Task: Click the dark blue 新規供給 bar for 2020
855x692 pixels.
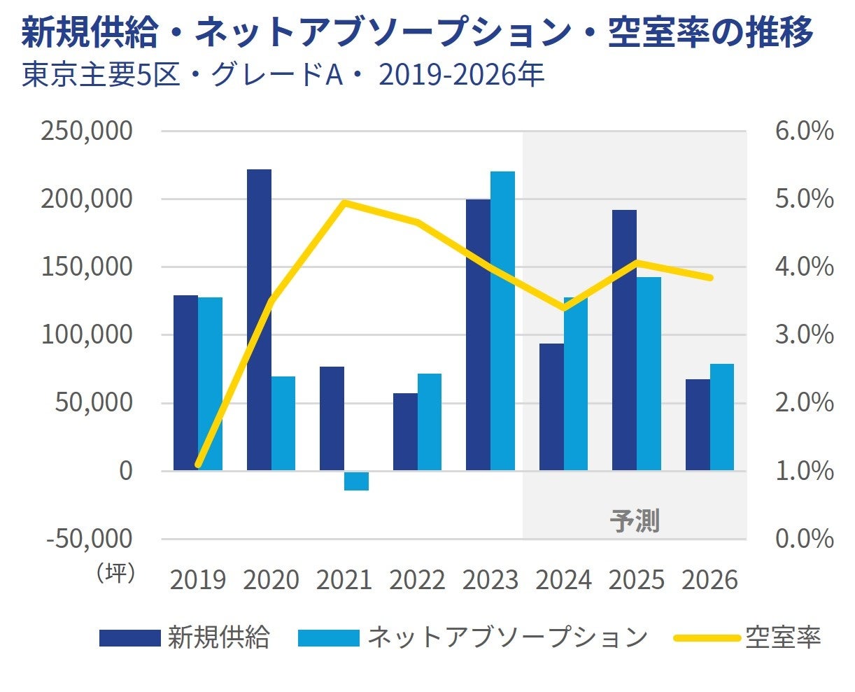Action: (x=259, y=319)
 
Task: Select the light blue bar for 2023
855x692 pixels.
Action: (x=502, y=320)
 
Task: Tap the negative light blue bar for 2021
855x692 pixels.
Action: (x=356, y=481)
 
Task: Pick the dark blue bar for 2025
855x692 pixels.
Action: (x=624, y=339)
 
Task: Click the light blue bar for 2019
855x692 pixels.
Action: (x=210, y=383)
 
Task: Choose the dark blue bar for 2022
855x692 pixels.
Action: (x=405, y=431)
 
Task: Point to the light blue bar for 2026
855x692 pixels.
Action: (x=721, y=417)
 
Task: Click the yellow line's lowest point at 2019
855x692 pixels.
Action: (x=198, y=464)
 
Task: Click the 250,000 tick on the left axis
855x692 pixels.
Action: (x=87, y=131)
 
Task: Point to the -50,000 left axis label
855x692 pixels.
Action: (x=89, y=539)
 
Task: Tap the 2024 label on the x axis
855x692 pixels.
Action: (x=563, y=580)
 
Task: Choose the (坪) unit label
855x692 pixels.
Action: (x=115, y=572)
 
